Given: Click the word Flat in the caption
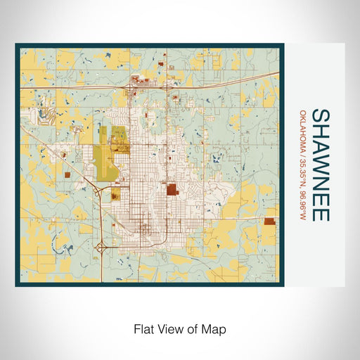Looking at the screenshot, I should tap(143, 328).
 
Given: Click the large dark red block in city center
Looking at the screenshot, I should tap(171, 188).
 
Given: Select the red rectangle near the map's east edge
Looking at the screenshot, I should tap(269, 221).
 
